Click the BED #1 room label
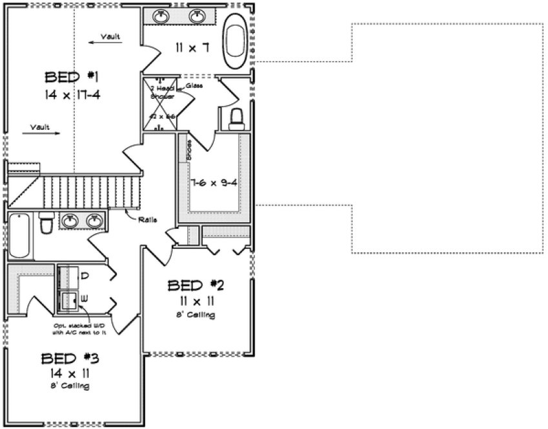pos(70,78)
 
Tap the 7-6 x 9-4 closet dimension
pos(214,182)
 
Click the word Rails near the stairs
pos(146,218)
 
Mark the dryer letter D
pos(85,276)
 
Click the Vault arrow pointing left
pos(105,39)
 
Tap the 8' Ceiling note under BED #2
pos(195,315)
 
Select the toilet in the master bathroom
pos(236,118)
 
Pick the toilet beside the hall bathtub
pos(46,224)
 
